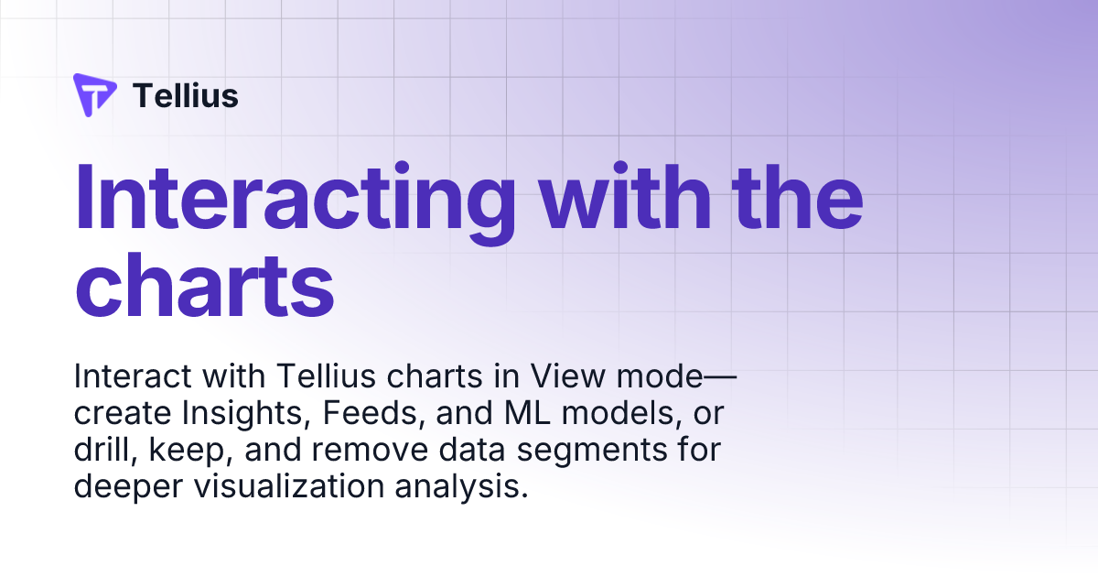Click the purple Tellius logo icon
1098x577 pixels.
94,94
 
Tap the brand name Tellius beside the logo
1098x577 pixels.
186,95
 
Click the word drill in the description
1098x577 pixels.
100,451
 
